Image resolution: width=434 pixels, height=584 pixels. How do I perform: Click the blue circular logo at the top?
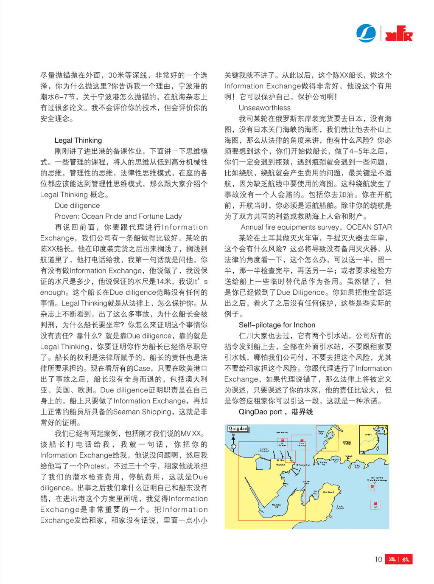click(x=366, y=33)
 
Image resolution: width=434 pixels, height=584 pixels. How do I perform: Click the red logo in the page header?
click(x=399, y=34)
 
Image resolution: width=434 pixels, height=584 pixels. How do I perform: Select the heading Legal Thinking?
click(x=78, y=140)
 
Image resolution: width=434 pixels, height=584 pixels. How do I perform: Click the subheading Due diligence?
click(x=77, y=206)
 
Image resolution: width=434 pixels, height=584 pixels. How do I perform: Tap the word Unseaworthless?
click(x=265, y=108)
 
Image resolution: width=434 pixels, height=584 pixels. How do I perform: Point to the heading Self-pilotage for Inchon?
click(x=277, y=325)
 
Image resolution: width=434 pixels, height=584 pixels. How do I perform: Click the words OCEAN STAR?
click(x=369, y=227)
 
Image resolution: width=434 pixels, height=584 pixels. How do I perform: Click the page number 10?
click(x=378, y=559)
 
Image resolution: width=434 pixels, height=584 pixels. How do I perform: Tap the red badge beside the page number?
click(x=399, y=559)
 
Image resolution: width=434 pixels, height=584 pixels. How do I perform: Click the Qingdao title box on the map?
click(x=238, y=429)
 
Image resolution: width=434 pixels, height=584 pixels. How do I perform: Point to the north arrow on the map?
click(x=233, y=437)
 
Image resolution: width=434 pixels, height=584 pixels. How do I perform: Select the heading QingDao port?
click(x=260, y=412)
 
